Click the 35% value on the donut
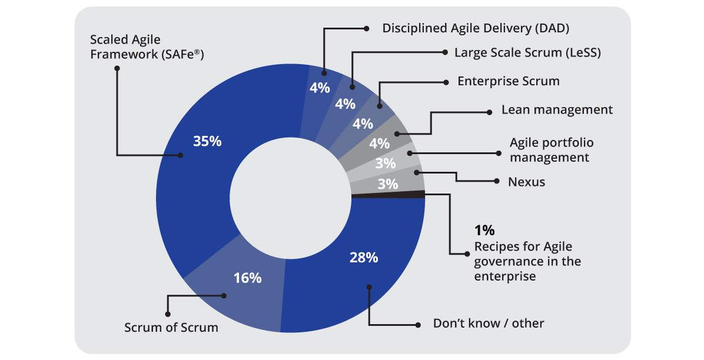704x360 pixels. (x=207, y=141)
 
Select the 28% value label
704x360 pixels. (x=364, y=257)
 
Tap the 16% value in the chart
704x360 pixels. (x=247, y=278)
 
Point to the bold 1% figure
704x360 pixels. (x=486, y=230)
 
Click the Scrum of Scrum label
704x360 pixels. (x=171, y=328)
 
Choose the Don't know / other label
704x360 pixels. (x=489, y=323)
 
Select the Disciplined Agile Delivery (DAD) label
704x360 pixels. (x=476, y=28)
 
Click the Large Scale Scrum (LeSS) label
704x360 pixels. (x=527, y=52)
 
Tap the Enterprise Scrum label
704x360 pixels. (x=509, y=81)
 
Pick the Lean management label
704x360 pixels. (x=557, y=110)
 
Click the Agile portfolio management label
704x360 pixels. (x=551, y=150)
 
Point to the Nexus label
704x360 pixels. (x=526, y=182)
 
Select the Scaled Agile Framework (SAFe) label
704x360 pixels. (x=150, y=47)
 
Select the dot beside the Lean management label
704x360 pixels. (x=489, y=111)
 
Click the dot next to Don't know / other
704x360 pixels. (x=419, y=324)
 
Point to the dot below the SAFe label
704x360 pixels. (x=117, y=68)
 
